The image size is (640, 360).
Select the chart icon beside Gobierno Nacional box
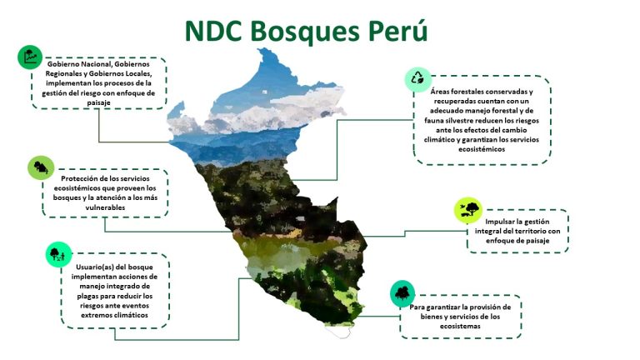coord(30,57)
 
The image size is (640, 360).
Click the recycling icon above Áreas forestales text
coord(417,79)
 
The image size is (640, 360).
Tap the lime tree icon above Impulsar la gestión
coord(468,210)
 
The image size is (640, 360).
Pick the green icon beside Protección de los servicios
coord(41,167)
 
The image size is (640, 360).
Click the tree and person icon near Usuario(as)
coord(58,255)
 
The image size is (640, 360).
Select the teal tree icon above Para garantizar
coord(402,293)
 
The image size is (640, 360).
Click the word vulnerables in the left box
coord(105,207)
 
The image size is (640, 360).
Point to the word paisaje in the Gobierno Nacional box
coord(99,102)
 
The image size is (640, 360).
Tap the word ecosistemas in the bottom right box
coord(460,326)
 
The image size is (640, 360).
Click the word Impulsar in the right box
coord(500,222)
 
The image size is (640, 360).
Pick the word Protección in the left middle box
coord(80,178)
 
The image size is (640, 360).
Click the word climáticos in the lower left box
coord(131,315)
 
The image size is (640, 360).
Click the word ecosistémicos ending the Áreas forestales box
coord(482,149)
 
